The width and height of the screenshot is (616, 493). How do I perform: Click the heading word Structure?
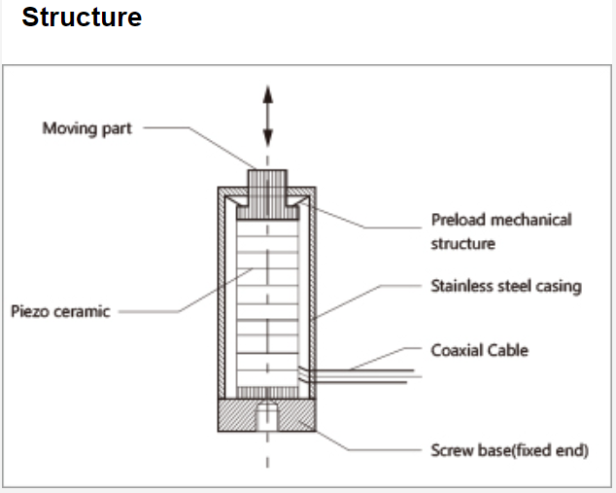pos(82,18)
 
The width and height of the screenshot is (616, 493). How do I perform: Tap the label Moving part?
pos(86,128)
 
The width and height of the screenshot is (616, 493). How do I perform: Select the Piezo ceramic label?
pos(60,311)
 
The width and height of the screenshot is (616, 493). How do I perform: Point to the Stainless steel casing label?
pos(505,286)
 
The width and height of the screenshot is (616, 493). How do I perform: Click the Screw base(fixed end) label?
pos(509,451)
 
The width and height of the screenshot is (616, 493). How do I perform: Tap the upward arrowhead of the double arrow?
pos(267,95)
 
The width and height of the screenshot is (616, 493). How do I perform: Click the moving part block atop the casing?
pos(267,183)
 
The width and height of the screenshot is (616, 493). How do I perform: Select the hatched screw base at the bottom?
pos(233,416)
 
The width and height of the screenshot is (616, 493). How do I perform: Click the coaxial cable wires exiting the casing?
pos(359,373)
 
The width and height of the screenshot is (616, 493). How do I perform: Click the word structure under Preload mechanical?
pos(462,243)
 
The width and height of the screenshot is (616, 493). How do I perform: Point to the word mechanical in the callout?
pos(530,220)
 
